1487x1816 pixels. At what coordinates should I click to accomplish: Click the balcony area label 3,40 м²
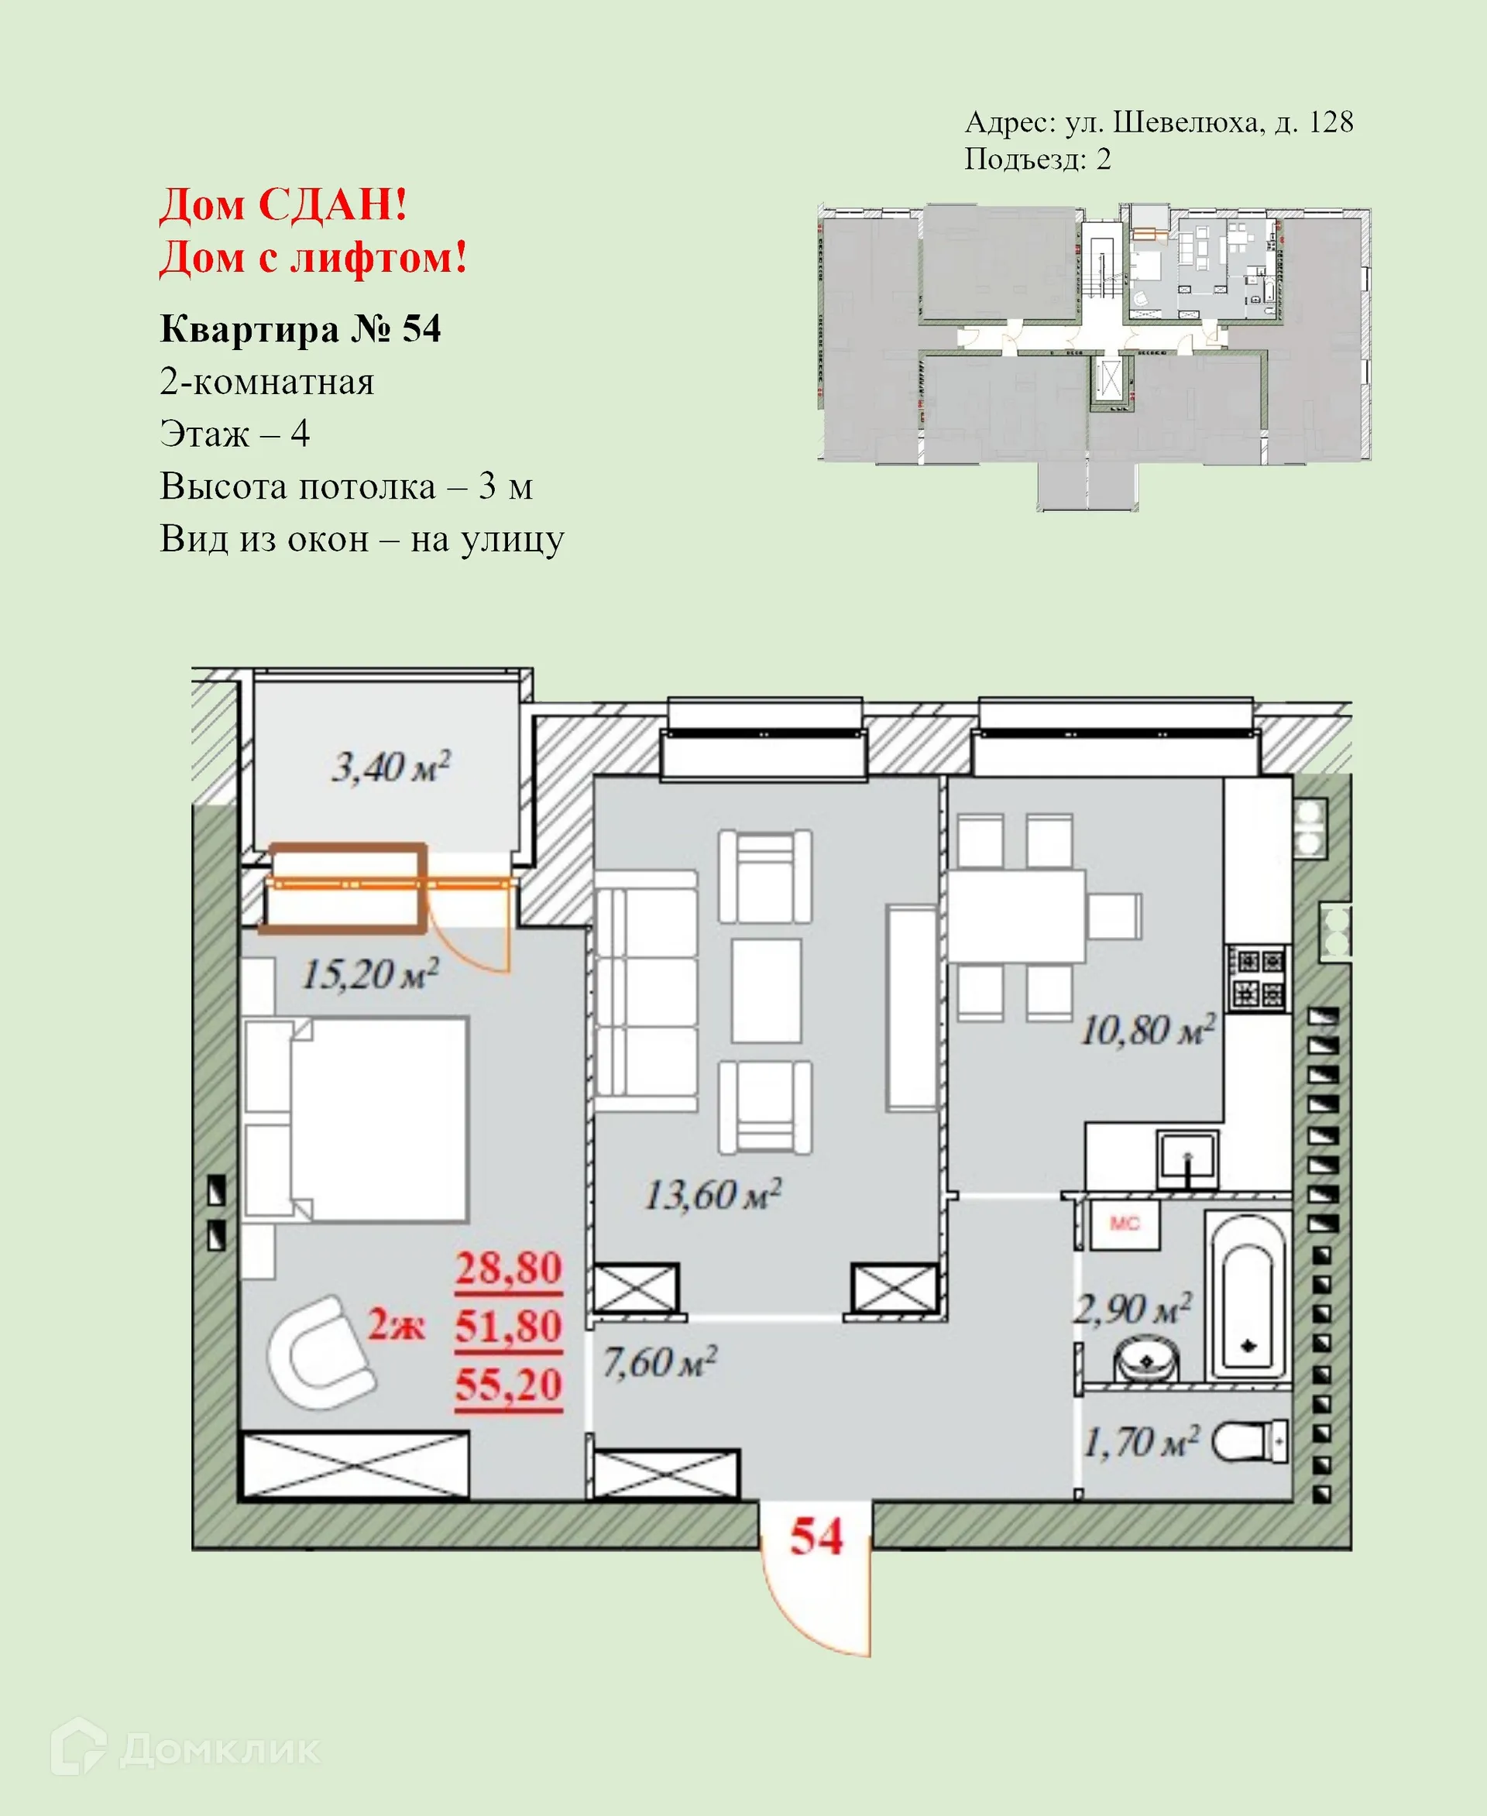390,767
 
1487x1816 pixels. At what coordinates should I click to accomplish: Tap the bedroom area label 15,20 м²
370,974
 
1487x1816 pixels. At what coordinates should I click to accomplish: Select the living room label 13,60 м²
713,1195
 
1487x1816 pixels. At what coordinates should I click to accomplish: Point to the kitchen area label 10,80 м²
1147,1030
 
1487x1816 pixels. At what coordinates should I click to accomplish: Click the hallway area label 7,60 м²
659,1362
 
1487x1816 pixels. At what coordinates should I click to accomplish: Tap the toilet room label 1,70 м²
1141,1443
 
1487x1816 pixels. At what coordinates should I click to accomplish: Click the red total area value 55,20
508,1385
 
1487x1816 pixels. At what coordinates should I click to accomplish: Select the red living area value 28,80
508,1268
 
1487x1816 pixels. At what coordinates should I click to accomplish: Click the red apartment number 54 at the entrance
816,1536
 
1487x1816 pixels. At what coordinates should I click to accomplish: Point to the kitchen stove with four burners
1258,978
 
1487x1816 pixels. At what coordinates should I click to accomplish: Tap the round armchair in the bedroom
318,1351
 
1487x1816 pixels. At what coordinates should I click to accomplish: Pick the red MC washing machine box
1125,1224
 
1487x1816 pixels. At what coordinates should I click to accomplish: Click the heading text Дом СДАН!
283,204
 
